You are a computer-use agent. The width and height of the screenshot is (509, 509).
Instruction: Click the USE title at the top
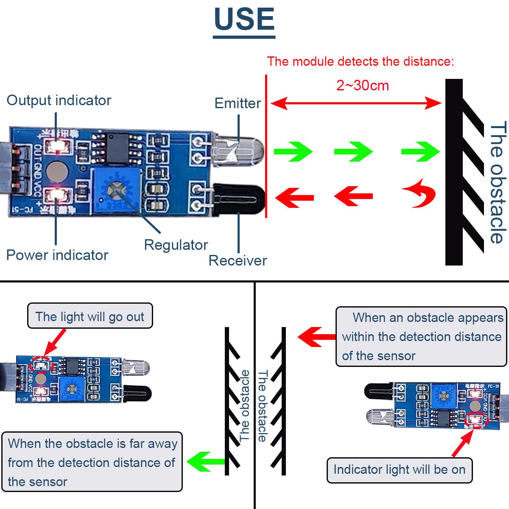tap(244, 20)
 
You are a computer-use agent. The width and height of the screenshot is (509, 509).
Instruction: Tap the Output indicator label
tap(59, 101)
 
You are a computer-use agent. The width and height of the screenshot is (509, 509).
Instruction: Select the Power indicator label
tap(57, 255)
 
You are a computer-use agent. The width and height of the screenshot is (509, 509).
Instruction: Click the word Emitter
tap(238, 103)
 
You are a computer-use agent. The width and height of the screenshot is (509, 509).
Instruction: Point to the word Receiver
tap(238, 260)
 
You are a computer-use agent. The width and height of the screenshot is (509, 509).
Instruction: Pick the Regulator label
tap(176, 245)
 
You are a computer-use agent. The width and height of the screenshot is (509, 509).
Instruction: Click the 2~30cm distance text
tap(363, 86)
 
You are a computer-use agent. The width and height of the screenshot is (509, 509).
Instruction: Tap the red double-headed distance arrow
tap(356, 103)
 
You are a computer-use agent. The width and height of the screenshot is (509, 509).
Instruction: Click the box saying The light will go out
tap(90, 316)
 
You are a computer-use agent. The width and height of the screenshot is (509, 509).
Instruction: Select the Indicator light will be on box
tap(399, 470)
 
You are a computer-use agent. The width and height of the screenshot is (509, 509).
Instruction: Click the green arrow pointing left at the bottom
tap(205, 461)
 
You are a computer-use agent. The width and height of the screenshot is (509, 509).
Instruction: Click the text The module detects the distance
tap(360, 62)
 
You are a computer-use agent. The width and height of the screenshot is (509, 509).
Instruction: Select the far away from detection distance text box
tap(92, 462)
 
